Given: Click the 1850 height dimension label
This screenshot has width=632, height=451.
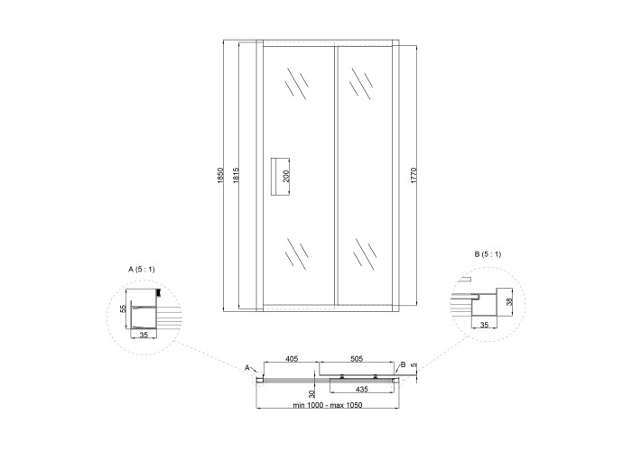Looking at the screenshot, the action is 219,176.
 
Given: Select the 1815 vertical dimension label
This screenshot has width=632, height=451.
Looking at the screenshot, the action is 236,176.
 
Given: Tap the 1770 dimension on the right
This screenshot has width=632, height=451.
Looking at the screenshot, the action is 414,176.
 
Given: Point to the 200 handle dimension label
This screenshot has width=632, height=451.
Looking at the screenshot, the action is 286,176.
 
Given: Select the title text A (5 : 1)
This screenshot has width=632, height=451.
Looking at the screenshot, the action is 142,270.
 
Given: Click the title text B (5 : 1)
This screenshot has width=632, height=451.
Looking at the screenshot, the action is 488,254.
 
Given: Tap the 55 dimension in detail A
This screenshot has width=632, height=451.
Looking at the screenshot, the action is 124,308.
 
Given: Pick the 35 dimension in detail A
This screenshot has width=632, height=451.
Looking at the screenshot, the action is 144,335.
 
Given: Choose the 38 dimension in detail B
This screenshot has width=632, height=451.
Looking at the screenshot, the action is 509,301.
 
